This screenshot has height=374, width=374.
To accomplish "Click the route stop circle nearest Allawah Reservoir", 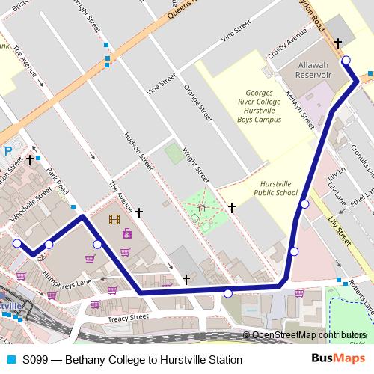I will [x=346, y=61].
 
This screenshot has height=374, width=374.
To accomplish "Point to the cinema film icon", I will [x=113, y=219].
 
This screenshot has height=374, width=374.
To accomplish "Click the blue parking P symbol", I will [x=8, y=150].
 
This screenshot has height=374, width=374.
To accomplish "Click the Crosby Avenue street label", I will [x=289, y=46].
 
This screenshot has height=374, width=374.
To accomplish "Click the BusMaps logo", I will [x=338, y=360].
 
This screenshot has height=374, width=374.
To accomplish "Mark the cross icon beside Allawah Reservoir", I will [x=337, y=43].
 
